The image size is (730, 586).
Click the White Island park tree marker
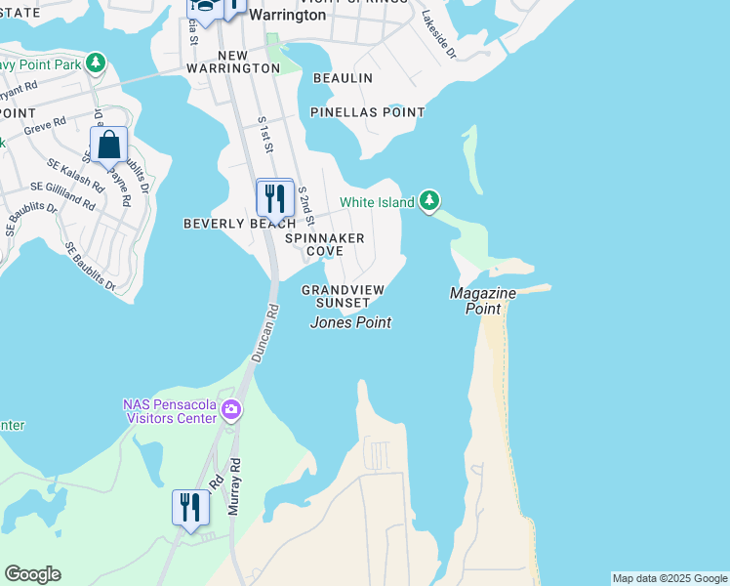[429, 201]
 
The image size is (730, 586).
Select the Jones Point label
[351, 322]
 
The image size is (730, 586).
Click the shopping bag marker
[109, 146]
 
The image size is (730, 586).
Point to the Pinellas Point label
[368, 112]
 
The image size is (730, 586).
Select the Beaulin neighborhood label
[343, 77]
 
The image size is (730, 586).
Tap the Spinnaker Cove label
[325, 244]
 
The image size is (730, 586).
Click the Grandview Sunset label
[343, 296]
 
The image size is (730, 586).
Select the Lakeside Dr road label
[440, 34]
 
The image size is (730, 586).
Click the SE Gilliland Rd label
[63, 195]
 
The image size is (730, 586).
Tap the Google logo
[32, 574]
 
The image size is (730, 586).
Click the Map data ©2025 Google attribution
[669, 578]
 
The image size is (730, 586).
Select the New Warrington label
[249, 62]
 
